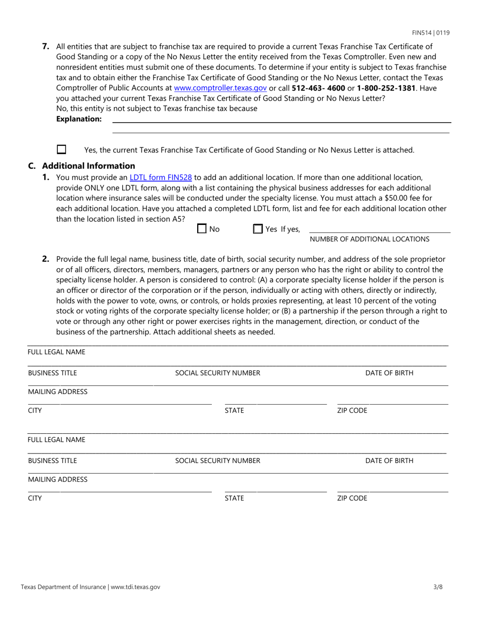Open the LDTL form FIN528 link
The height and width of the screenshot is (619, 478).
point(161,177)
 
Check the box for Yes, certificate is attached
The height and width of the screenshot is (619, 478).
point(61,149)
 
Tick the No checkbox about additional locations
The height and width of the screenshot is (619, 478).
point(202,229)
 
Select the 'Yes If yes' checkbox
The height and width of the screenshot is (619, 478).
point(258,229)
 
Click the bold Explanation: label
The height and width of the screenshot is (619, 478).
point(79,119)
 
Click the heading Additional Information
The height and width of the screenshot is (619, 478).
point(89,166)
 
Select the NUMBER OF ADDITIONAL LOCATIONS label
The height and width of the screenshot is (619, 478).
point(369,239)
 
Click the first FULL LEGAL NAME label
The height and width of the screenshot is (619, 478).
point(56,352)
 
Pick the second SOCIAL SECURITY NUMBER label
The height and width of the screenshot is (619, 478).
point(217,460)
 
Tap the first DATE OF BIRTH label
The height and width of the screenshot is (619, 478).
point(389,373)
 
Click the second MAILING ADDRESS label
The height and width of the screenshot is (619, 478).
point(57,479)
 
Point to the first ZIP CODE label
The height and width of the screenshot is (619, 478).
point(352,410)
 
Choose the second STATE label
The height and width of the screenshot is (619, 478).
point(234,498)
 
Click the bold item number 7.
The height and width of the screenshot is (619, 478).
point(46,46)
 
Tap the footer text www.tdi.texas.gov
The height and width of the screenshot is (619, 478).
point(135,587)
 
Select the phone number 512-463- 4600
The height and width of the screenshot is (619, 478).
point(318,88)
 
